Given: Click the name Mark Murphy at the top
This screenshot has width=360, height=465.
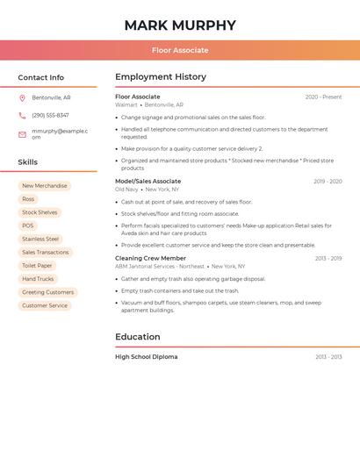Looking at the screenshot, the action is (180, 25).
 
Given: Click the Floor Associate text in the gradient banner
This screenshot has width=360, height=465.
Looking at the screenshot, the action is (180, 50).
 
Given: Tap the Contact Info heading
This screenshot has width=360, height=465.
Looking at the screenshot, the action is (40, 77).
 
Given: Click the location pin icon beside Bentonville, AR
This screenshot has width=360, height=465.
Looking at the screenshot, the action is (22, 98).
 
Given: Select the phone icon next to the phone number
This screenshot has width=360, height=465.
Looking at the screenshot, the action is (22, 115).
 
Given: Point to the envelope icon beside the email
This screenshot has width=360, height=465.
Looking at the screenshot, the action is (22, 134).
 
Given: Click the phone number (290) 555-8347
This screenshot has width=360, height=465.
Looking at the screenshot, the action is (50, 115).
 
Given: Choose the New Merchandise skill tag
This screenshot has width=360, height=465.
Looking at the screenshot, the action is (44, 186).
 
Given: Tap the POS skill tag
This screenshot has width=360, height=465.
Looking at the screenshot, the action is (28, 225).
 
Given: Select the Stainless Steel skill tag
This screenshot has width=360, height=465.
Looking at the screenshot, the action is (40, 239).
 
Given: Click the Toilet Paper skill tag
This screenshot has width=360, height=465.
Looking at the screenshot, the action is (37, 266).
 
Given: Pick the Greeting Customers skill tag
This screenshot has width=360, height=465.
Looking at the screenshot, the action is (47, 292).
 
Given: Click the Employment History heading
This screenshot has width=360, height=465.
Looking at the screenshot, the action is (161, 77).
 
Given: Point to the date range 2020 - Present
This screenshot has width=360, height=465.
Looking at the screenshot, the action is (323, 97).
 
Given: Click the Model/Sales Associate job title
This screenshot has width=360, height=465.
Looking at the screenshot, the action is (148, 182).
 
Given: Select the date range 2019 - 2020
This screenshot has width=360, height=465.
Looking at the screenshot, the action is (328, 182).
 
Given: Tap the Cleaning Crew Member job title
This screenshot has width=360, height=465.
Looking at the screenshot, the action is (150, 259).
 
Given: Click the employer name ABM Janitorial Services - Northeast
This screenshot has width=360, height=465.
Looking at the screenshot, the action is (159, 266).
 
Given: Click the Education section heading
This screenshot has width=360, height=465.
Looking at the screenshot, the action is (137, 337).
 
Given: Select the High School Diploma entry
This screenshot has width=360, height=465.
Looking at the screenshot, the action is (146, 357).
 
